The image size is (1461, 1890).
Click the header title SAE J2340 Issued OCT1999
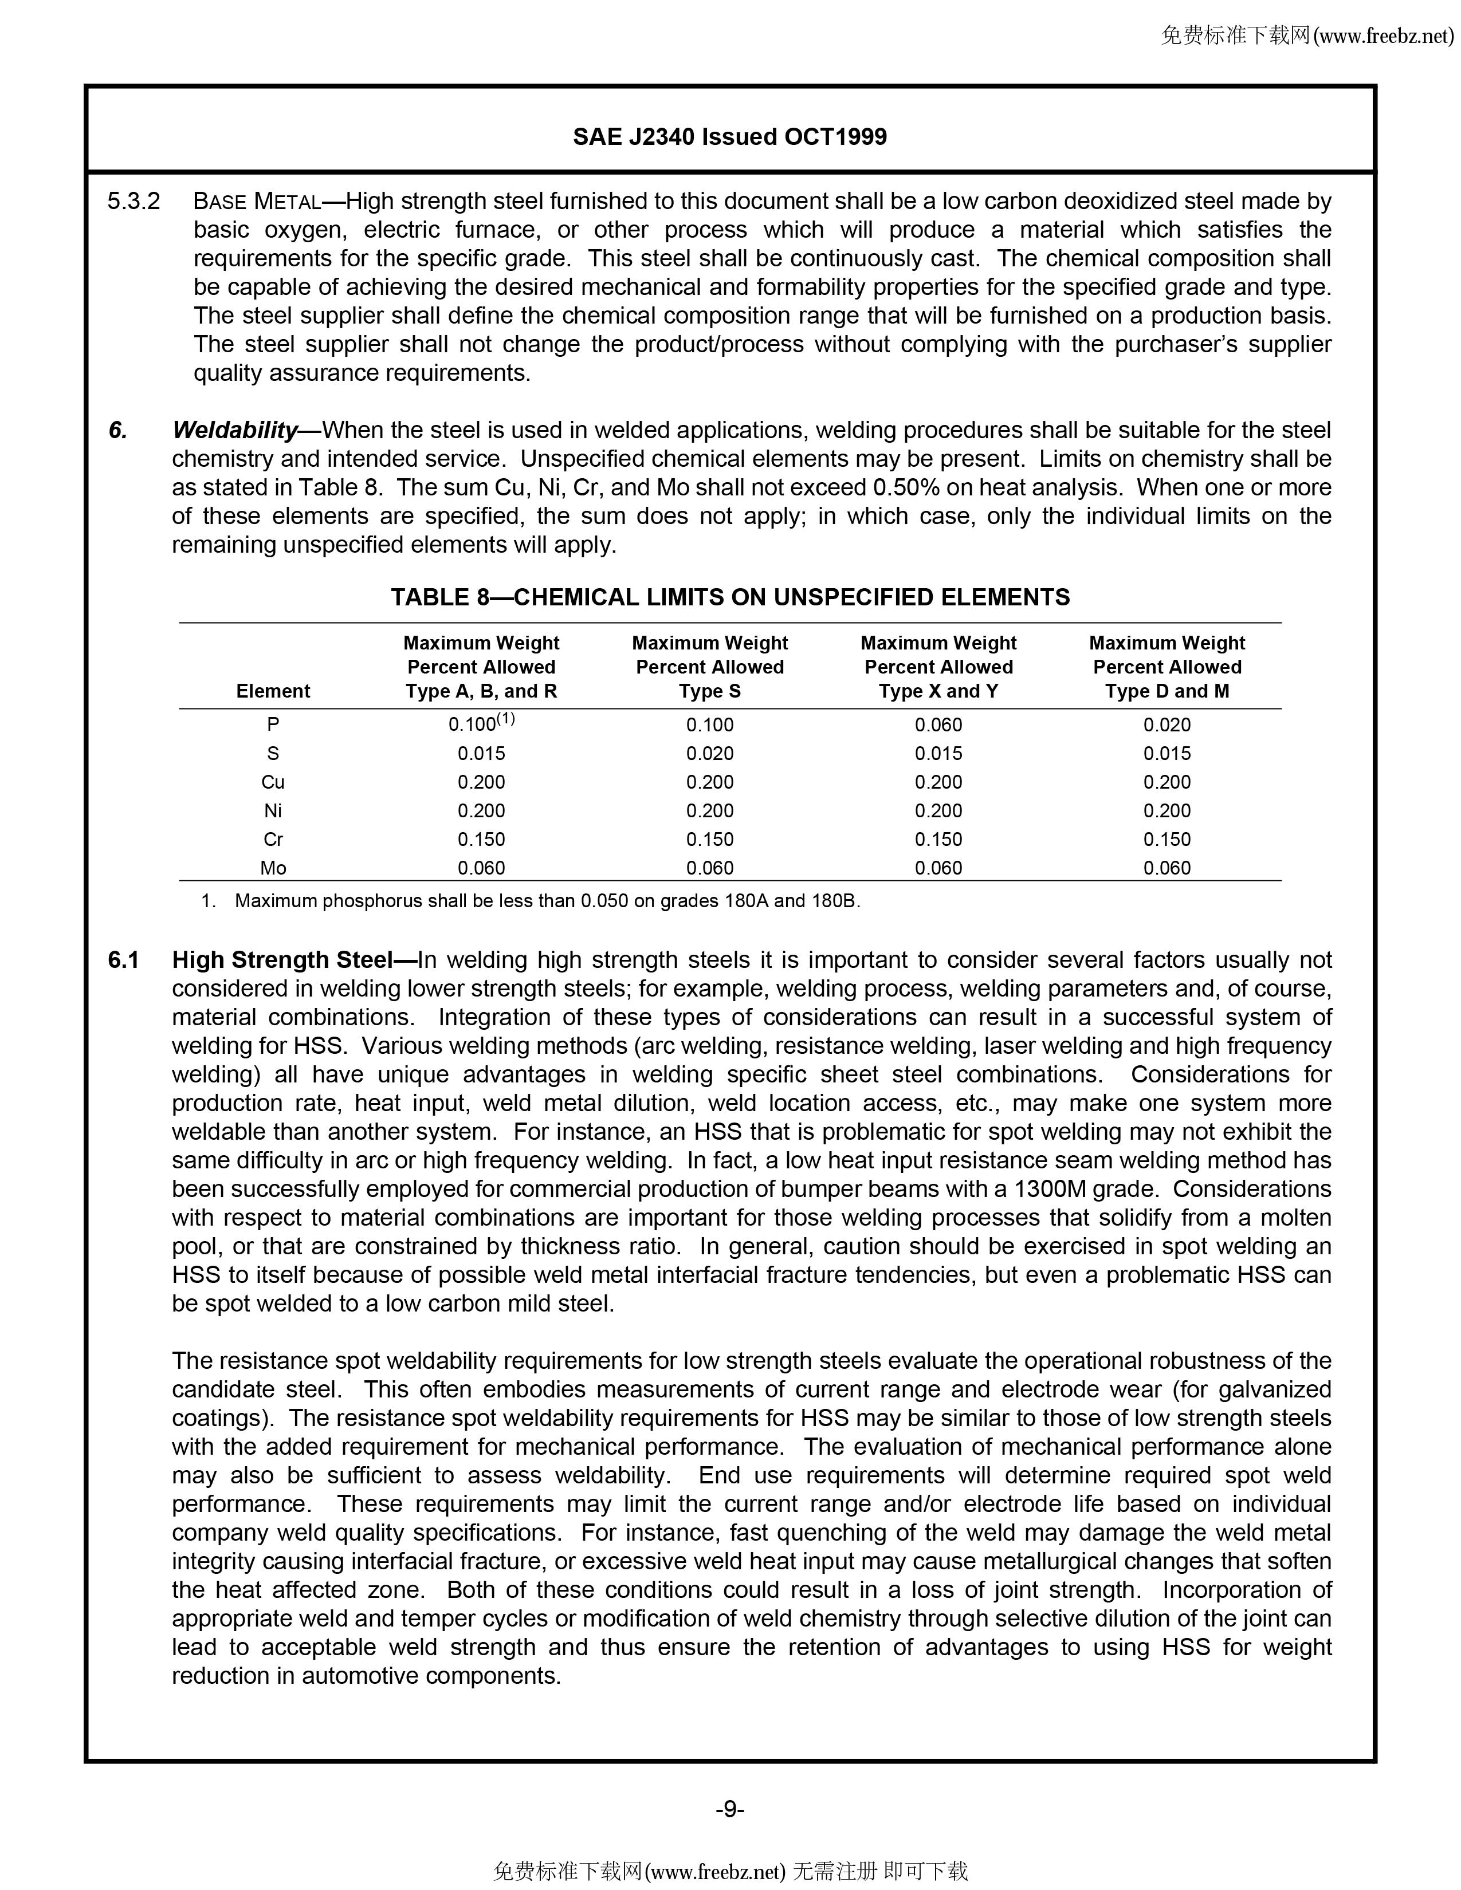[x=729, y=137]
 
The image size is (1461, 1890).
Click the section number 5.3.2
[x=134, y=202]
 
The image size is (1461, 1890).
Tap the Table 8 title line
[x=729, y=597]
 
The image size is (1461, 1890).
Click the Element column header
[x=273, y=691]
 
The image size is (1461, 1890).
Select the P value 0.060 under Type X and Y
[x=938, y=725]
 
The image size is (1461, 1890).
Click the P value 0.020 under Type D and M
[x=1167, y=725]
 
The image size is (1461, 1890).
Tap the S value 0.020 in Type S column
[x=710, y=754]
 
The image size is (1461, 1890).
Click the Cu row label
[x=273, y=782]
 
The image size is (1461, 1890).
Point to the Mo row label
[x=273, y=868]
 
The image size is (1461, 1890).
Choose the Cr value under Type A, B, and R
[x=481, y=840]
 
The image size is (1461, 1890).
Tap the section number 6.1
[x=124, y=960]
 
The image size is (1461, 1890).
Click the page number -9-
[x=729, y=1809]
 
